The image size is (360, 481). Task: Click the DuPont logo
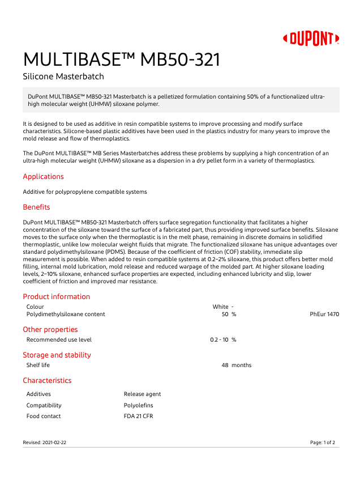(x=311, y=39)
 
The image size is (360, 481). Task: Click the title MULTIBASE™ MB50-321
(x=121, y=59)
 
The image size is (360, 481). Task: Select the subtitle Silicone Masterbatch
(x=63, y=76)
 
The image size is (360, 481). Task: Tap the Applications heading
(x=43, y=176)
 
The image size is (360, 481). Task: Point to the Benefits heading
(x=36, y=207)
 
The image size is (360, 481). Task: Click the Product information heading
(x=56, y=296)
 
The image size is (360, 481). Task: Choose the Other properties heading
(x=50, y=329)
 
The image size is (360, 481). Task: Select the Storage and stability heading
(x=57, y=355)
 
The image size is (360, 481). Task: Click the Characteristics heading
(x=47, y=380)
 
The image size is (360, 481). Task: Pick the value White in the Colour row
(x=220, y=307)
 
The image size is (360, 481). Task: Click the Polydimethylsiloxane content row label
(x=66, y=314)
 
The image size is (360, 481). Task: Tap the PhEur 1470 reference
(x=324, y=314)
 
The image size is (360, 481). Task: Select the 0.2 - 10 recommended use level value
(x=219, y=339)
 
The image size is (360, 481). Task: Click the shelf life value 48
(x=225, y=365)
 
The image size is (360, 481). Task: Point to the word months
(x=241, y=365)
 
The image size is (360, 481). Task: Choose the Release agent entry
(x=142, y=394)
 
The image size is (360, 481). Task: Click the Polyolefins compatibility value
(x=138, y=405)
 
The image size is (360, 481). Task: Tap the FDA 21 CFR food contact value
(x=138, y=416)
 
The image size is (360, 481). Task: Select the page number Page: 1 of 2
(x=323, y=442)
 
